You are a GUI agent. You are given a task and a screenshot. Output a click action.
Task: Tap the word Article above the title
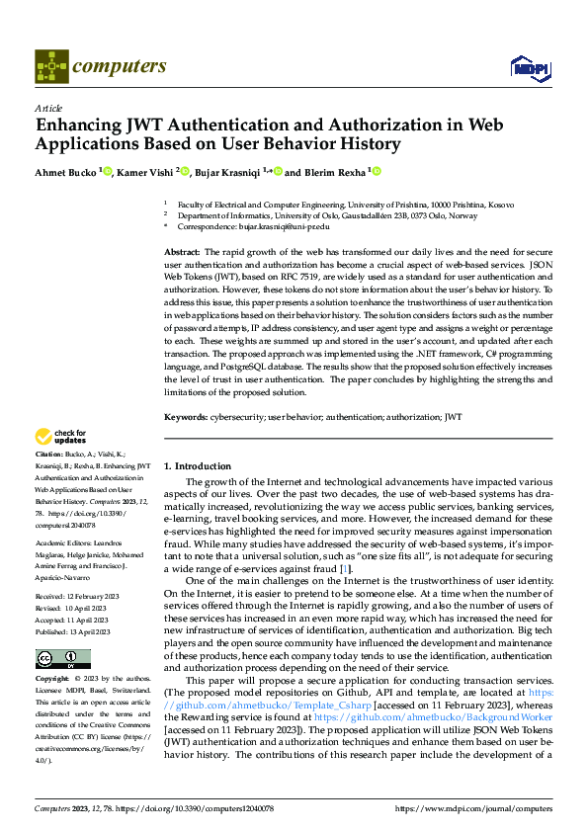pos(47,108)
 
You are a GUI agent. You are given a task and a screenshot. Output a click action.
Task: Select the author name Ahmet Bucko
pos(66,172)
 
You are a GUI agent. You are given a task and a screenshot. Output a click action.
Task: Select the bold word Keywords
pos(185,418)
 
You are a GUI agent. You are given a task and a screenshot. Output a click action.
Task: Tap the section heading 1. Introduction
pos(197,465)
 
